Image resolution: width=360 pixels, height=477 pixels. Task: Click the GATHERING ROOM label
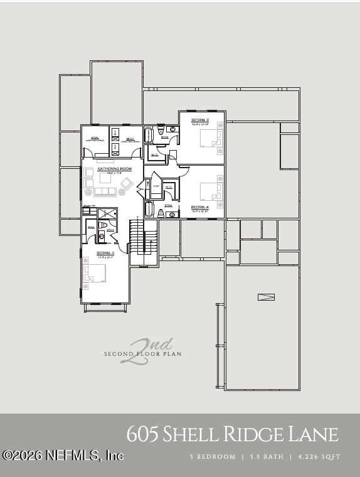pyautogui.click(x=114, y=169)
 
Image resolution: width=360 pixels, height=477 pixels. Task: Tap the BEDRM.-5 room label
pyautogui.click(x=200, y=120)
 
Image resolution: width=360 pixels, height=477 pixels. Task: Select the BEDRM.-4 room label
pyautogui.click(x=199, y=207)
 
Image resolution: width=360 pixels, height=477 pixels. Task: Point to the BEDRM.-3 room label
pyautogui.click(x=105, y=252)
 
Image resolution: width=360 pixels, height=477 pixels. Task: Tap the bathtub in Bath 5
pyautogui.click(x=149, y=136)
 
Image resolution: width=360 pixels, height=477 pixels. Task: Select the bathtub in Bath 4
pyautogui.click(x=149, y=209)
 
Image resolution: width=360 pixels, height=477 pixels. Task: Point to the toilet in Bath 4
pyautogui.click(x=172, y=214)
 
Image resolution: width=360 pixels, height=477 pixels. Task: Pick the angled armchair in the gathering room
pyautogui.click(x=126, y=183)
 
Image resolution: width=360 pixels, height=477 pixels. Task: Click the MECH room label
pyautogui.click(x=130, y=139)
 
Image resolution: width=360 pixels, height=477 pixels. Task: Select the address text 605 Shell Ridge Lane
pyautogui.click(x=232, y=434)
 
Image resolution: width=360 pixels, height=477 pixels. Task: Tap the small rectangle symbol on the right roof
pyautogui.click(x=266, y=297)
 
